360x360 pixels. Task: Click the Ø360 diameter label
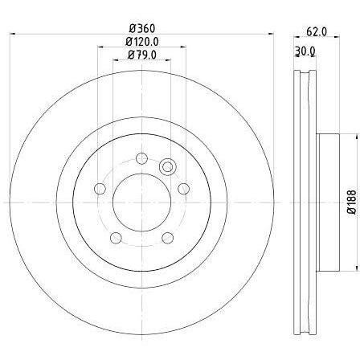(142, 28)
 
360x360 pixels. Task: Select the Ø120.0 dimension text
(142, 42)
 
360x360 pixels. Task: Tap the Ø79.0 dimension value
(142, 55)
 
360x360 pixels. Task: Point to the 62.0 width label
(317, 32)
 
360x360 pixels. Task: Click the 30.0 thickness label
(305, 51)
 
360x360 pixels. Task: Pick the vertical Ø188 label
(353, 202)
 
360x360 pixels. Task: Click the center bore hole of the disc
(141, 202)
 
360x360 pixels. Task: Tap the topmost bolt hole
(141, 158)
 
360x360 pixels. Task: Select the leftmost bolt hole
(100, 189)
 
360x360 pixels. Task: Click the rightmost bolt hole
(184, 189)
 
